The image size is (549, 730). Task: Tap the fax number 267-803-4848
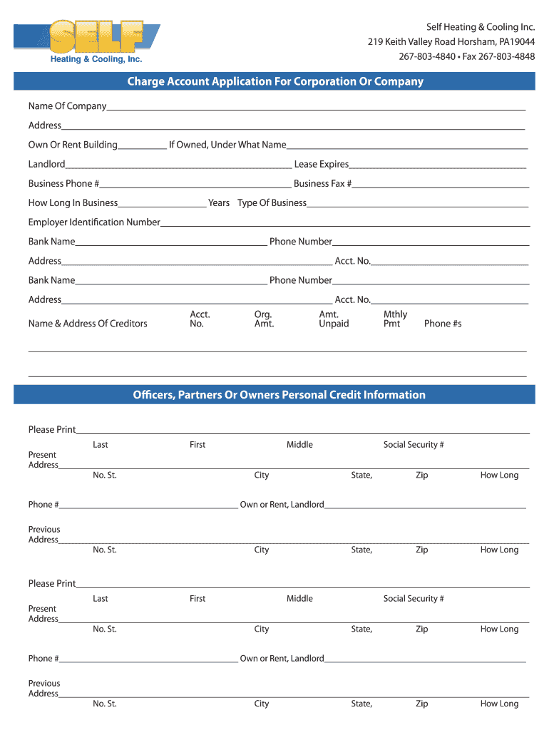click(x=506, y=56)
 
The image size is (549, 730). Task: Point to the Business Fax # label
click(x=323, y=183)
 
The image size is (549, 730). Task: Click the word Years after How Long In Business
click(x=219, y=202)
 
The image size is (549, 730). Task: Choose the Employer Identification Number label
click(x=94, y=222)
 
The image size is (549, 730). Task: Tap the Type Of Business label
click(x=272, y=202)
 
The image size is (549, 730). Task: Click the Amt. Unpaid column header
click(x=334, y=319)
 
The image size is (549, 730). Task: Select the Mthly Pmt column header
click(x=395, y=319)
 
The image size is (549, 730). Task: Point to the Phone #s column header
click(x=443, y=324)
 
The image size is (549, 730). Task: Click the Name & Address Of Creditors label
click(x=88, y=324)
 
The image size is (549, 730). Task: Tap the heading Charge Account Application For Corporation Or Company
click(x=275, y=81)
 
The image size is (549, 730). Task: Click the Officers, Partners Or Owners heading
click(x=279, y=395)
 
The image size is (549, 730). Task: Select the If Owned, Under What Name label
click(x=227, y=145)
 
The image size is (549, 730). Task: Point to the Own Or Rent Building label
click(x=73, y=145)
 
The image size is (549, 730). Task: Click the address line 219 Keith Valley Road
click(x=451, y=41)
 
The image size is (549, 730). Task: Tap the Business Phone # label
click(x=63, y=183)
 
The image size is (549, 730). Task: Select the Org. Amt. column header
click(x=264, y=319)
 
